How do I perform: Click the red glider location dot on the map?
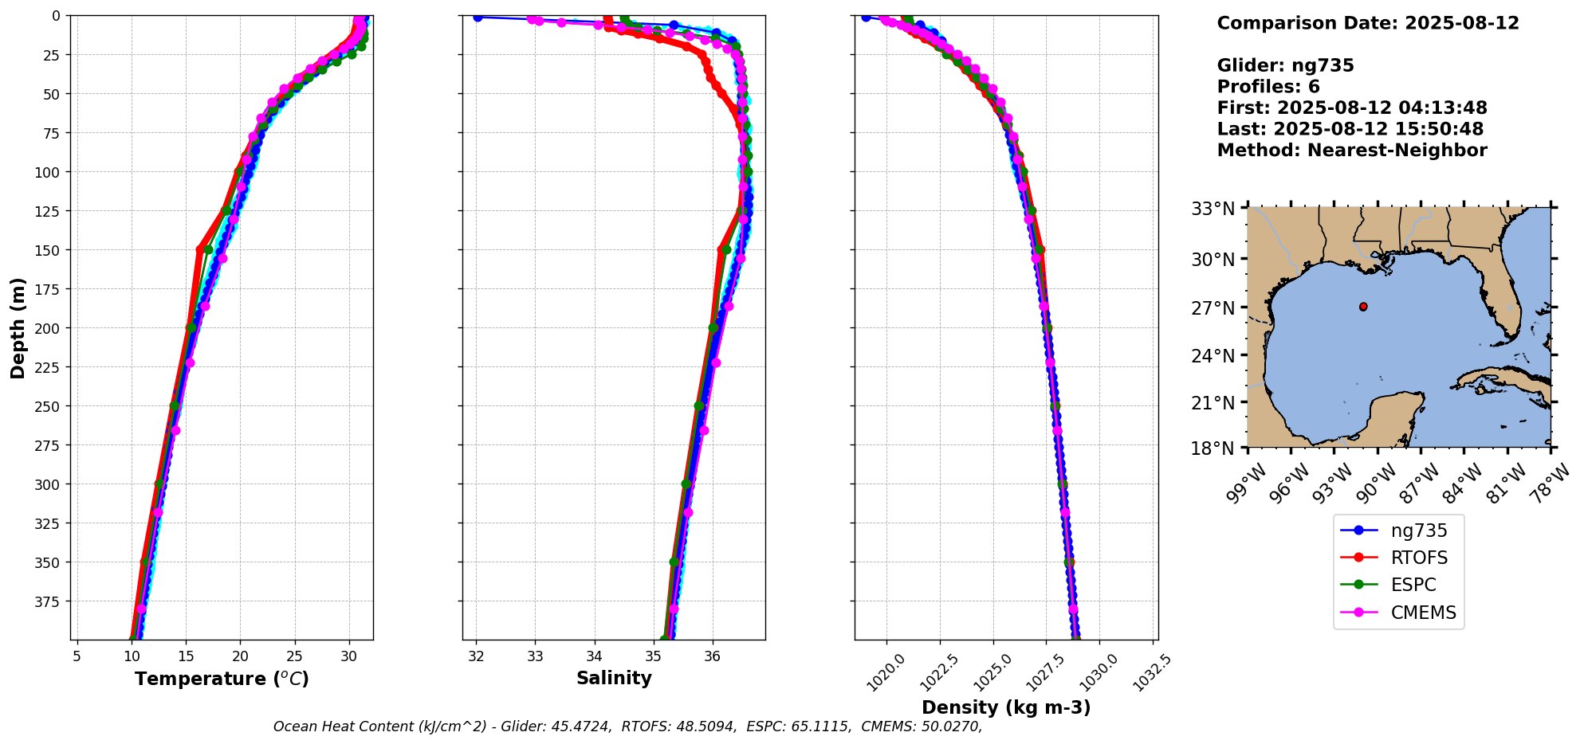coord(1363,307)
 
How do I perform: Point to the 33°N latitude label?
coord(1213,209)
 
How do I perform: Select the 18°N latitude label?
coord(1213,448)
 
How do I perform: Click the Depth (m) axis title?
coord(18,327)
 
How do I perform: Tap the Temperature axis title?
coord(222,679)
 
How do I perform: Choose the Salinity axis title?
coord(614,679)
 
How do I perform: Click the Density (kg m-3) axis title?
coord(1006,707)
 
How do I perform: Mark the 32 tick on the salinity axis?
coord(476,656)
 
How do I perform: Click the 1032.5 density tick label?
coord(1153,673)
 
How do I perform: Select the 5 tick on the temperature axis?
coord(77,656)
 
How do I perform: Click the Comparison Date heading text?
coord(1368,23)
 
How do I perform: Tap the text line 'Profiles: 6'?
coord(1268,87)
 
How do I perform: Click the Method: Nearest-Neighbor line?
coord(1352,151)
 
